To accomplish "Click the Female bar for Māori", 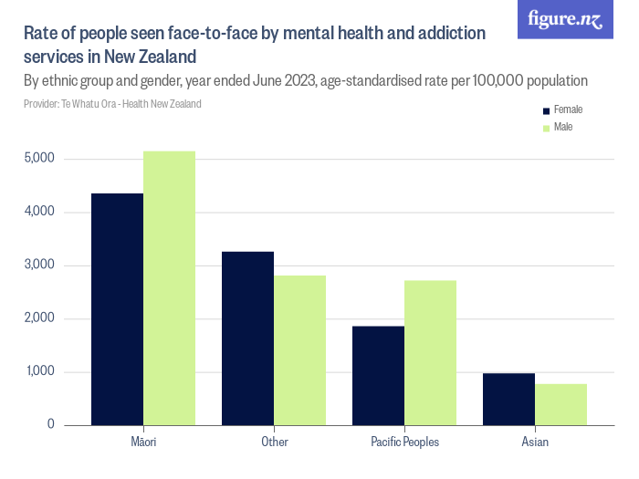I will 117,309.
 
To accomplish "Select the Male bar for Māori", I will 169,288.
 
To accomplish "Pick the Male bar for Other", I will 299,350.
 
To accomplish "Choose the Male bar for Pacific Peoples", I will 430,353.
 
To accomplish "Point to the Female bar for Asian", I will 508,400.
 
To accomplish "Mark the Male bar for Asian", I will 560,405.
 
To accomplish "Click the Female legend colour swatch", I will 547,110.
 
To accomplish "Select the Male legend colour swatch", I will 547,128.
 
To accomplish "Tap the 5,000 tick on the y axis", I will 39,159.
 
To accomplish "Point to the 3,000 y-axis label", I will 39,266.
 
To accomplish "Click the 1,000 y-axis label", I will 39,372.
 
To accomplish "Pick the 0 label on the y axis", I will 50,425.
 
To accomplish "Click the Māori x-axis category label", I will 143,443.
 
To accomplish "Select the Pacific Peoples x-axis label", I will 404,443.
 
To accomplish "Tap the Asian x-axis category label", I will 535,443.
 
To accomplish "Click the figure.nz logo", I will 565,20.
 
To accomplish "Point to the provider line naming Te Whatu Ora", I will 112,104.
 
